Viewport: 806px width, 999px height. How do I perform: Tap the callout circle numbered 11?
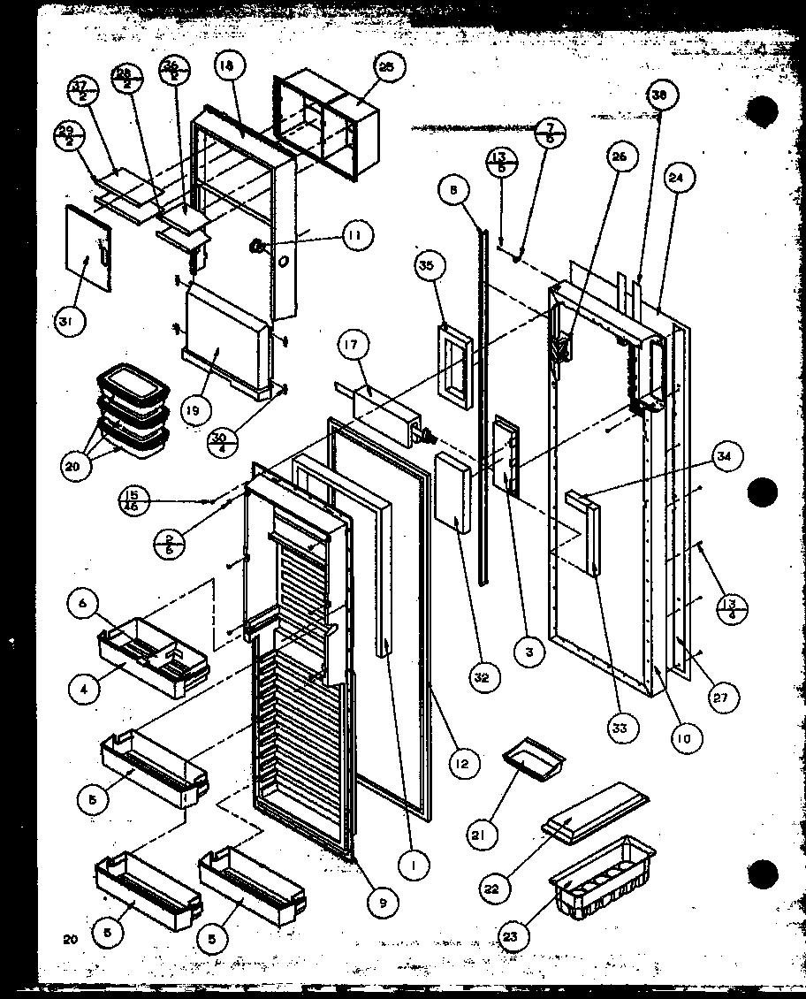[355, 235]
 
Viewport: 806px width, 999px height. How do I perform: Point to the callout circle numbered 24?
[676, 178]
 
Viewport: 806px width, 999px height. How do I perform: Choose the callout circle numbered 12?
[462, 761]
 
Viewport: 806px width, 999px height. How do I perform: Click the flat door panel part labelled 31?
[88, 248]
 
